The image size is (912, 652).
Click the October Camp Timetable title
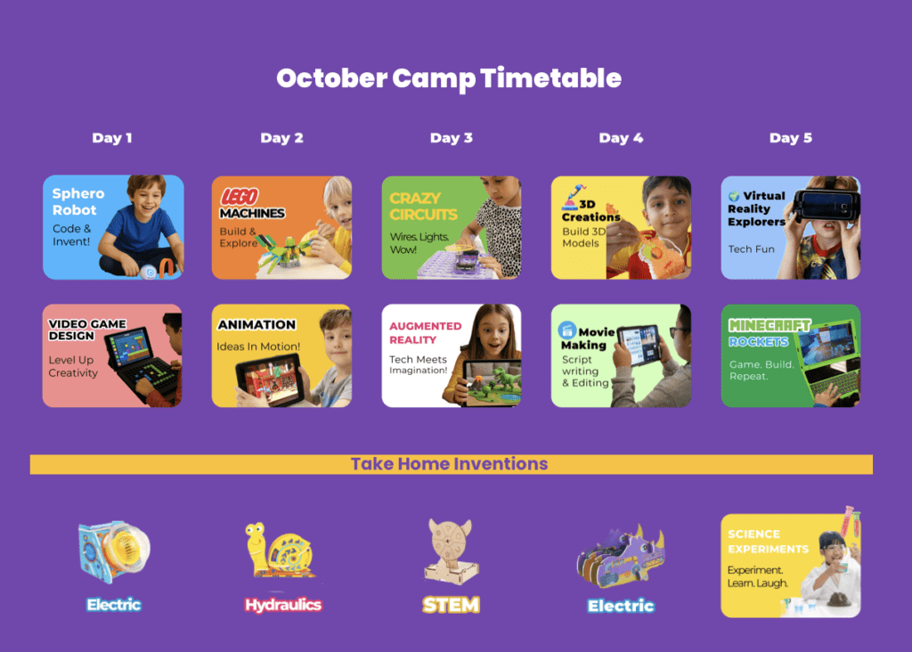[x=449, y=78]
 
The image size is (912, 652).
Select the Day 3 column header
[x=452, y=138]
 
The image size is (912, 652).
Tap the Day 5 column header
[x=791, y=138]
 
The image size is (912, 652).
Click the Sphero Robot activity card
[x=113, y=227]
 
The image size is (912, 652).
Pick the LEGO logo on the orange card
[x=239, y=197]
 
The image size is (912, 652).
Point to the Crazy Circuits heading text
[x=423, y=207]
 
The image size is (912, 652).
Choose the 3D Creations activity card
[x=621, y=227]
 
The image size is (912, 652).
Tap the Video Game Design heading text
[x=87, y=330]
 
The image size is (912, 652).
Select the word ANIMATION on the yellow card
[x=256, y=324]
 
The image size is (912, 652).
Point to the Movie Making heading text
[x=588, y=338]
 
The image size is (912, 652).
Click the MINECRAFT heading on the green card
[x=769, y=325]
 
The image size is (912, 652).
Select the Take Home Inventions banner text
[x=449, y=463]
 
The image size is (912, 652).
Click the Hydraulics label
[x=283, y=605]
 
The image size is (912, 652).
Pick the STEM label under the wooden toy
[x=452, y=605]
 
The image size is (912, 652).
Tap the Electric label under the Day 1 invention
[x=114, y=605]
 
